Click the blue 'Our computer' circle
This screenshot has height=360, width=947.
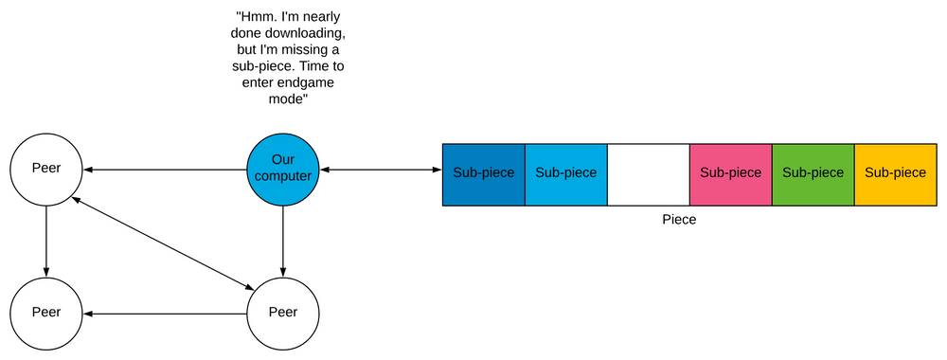point(283,171)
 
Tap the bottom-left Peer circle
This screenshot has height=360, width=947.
point(46,313)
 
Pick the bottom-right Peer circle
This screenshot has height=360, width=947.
point(283,313)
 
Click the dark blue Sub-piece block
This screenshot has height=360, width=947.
point(483,173)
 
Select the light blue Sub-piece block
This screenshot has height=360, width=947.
point(565,173)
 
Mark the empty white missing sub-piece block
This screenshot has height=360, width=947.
point(648,173)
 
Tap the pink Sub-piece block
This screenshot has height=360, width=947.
point(730,173)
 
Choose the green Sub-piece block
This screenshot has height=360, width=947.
point(813,173)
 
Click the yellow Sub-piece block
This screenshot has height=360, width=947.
point(895,173)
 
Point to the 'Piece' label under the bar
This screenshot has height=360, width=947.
point(680,219)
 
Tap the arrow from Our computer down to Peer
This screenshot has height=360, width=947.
point(283,241)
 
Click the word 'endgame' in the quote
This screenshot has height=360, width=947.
point(304,83)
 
